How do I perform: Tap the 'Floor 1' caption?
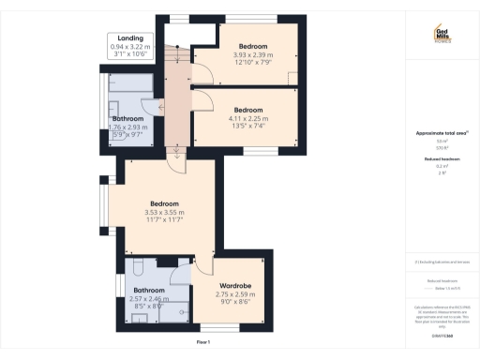(x=202, y=343)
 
